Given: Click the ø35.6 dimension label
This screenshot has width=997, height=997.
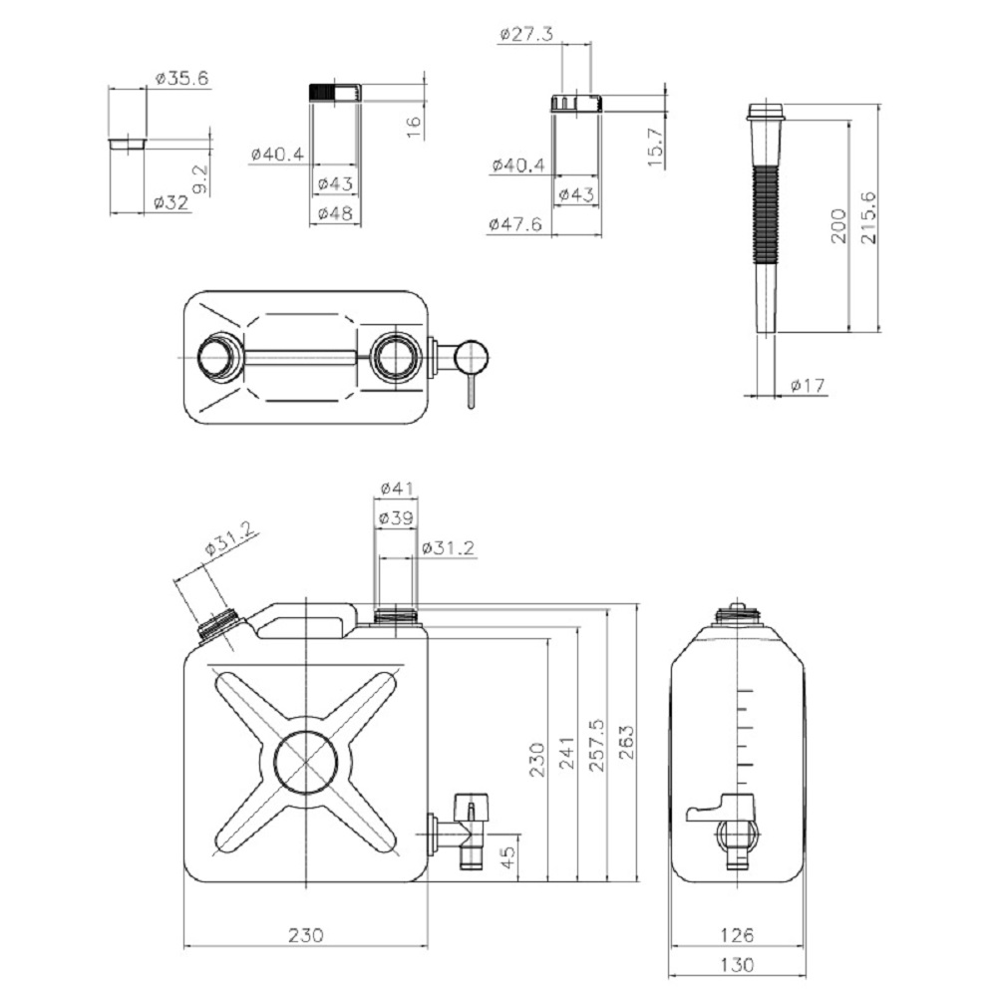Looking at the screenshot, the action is tap(181, 78).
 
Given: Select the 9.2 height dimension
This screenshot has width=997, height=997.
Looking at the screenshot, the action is tap(199, 178).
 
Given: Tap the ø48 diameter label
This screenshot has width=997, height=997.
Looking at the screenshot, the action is tap(335, 213).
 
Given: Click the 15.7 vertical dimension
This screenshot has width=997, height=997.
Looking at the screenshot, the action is tap(656, 147).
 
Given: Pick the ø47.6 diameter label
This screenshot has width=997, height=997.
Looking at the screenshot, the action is tap(515, 223).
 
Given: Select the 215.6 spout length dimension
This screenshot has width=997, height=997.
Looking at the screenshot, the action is tap(868, 217).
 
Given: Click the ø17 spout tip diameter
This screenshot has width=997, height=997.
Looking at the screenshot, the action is tap(808, 385).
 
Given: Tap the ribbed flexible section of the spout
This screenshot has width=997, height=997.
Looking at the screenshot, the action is tap(766, 214).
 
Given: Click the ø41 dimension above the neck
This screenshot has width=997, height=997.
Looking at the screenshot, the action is tap(397, 489).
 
